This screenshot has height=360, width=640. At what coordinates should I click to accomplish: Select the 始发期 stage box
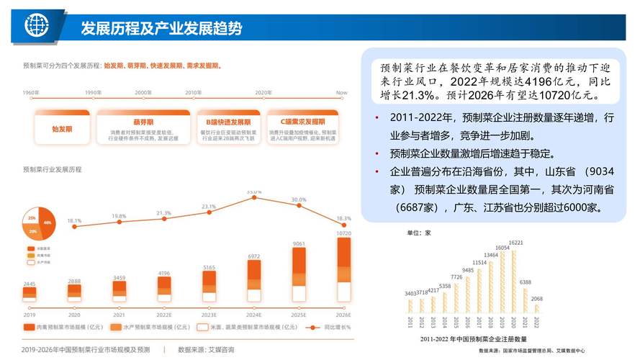pyautogui.click(x=62, y=129)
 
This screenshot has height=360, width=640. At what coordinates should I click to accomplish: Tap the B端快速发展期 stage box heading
pyautogui.click(x=223, y=122)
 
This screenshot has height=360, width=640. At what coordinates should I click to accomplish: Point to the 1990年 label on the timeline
pyautogui.click(x=94, y=93)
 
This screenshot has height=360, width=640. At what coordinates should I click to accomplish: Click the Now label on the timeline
pyautogui.click(x=341, y=93)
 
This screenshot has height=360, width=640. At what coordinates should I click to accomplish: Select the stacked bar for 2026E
pyautogui.click(x=343, y=270)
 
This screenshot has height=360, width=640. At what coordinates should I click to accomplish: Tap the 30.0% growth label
pyautogui.click(x=298, y=199)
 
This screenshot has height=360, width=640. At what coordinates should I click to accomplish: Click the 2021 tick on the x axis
pyautogui.click(x=119, y=315)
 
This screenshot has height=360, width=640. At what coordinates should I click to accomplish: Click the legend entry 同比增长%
pyautogui.click(x=335, y=327)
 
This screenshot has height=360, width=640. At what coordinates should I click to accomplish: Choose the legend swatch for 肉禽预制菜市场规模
pyautogui.click(x=30, y=327)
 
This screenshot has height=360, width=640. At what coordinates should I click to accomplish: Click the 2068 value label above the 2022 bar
pyautogui.click(x=537, y=298)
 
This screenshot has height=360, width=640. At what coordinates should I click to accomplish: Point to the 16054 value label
pyautogui.click(x=502, y=248)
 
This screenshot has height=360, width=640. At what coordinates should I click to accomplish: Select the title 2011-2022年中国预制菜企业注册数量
pyautogui.click(x=472, y=338)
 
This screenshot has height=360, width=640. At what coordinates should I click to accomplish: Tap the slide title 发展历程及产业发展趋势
pyautogui.click(x=161, y=28)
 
